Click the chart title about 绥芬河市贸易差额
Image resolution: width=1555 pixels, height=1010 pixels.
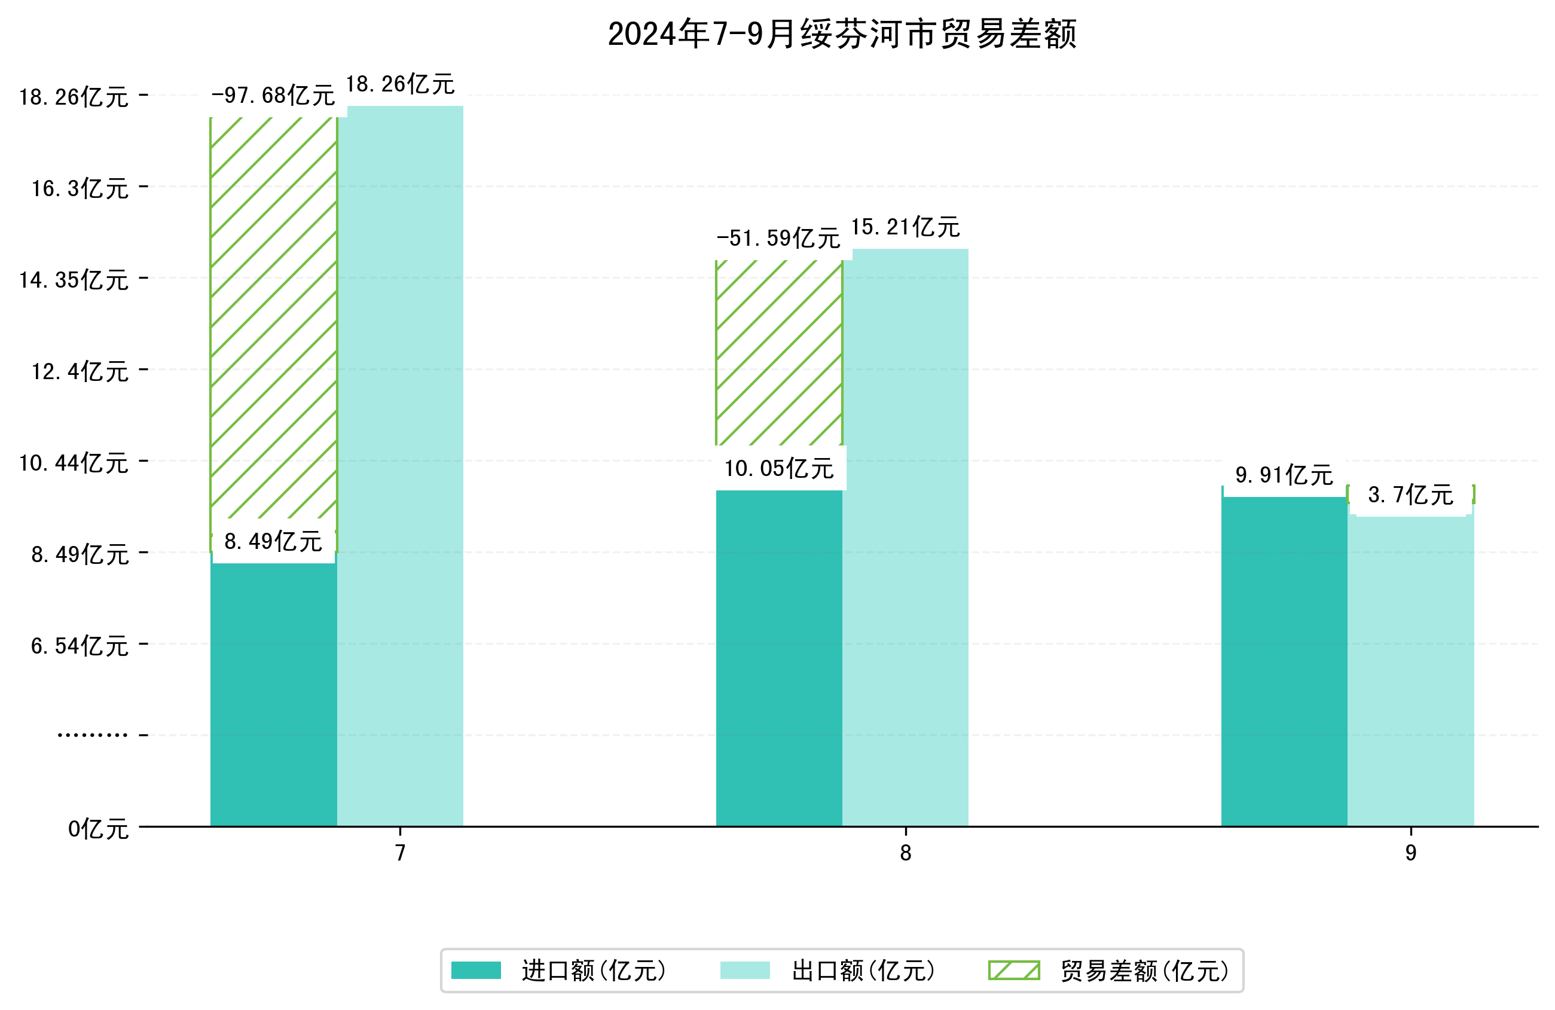tap(842, 34)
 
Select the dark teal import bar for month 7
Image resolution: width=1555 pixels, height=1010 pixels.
tap(273, 693)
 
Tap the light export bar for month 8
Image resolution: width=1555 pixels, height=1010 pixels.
tap(905, 536)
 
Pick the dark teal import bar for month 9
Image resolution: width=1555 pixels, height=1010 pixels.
tap(1284, 660)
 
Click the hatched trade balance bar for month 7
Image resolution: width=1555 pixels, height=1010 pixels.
tap(273, 321)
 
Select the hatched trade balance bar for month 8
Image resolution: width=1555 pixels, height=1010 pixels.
tap(779, 353)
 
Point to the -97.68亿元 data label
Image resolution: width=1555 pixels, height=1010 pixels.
tap(273, 96)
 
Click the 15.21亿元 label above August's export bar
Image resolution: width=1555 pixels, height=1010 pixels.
tap(905, 227)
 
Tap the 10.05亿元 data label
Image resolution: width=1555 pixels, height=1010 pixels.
tap(779, 468)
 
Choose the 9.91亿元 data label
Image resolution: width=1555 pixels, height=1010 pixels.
tap(1284, 475)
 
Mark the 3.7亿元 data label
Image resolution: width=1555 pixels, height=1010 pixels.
tap(1410, 495)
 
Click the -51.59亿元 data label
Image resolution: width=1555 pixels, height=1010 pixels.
tap(778, 238)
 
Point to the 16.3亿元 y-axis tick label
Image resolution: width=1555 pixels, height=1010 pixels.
tap(80, 188)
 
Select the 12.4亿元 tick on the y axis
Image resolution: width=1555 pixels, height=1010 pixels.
tap(80, 371)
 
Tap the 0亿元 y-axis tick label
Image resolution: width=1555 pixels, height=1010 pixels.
tap(98, 829)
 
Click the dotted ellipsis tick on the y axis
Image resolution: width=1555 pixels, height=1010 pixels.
tap(92, 736)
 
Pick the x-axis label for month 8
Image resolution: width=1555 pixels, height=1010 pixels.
tap(905, 853)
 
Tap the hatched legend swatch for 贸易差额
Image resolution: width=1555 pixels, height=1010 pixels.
tap(1013, 970)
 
